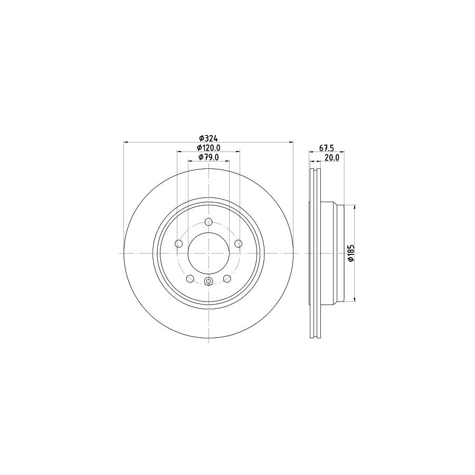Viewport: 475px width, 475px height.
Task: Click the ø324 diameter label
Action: [x=208, y=138]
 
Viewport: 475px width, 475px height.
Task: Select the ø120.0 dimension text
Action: [x=208, y=148]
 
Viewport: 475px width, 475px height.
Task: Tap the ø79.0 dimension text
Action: [x=208, y=157]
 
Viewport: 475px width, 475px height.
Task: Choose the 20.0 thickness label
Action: [x=331, y=157]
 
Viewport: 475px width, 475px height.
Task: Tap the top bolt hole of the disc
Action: [x=208, y=222]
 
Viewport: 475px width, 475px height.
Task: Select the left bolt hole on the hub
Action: [x=178, y=243]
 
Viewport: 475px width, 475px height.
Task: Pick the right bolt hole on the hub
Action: [x=239, y=243]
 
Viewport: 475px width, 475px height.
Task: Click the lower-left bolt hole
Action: [x=190, y=279]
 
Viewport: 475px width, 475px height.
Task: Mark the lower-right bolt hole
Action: [x=227, y=279]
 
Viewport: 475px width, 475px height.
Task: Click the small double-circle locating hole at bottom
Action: [x=208, y=281]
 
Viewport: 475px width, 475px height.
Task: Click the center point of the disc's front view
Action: [x=208, y=253]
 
